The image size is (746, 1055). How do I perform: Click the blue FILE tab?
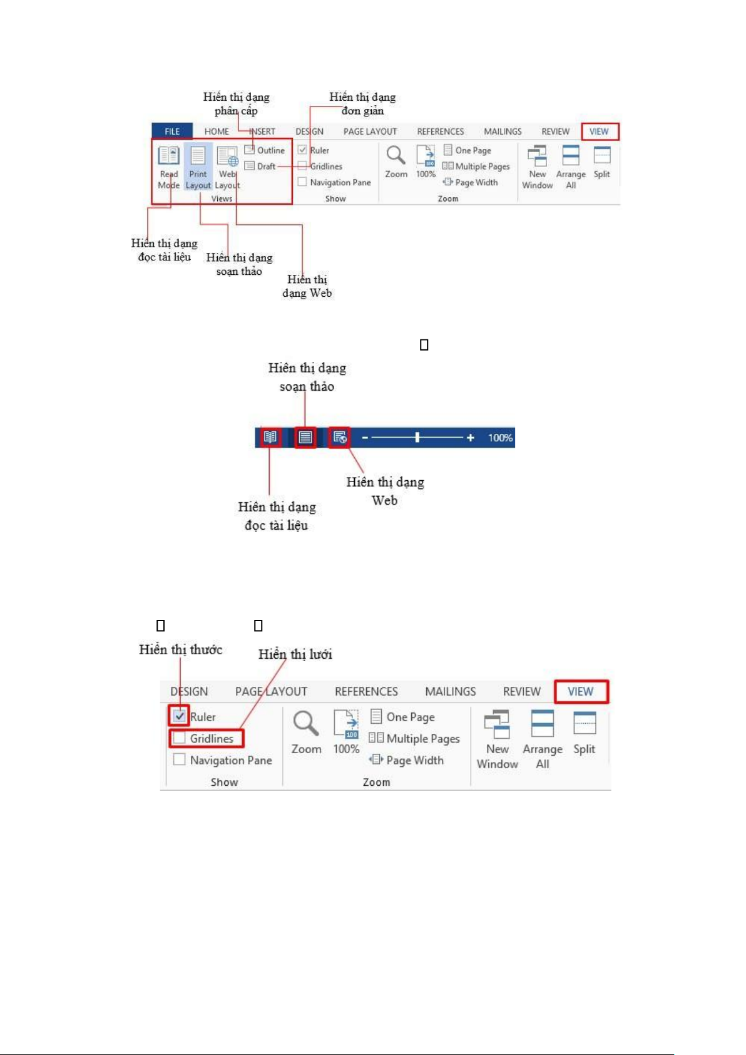point(172,131)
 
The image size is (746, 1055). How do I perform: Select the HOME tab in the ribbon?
point(217,131)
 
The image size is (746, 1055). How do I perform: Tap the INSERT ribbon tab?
point(262,131)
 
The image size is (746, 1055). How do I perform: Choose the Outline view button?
point(265,150)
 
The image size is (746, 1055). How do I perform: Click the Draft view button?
point(260,167)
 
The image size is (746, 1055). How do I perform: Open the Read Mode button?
point(168,166)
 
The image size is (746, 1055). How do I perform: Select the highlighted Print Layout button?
point(198,166)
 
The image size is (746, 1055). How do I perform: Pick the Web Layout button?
point(227,166)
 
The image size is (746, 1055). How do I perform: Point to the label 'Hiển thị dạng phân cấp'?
point(236,104)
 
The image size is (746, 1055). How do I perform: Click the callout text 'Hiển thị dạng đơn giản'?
point(362,104)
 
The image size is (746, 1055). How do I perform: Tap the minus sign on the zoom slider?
point(365,438)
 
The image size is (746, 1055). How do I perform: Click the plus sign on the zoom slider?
point(471,438)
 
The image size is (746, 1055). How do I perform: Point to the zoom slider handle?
point(417,438)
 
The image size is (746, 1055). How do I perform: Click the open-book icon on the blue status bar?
point(270,437)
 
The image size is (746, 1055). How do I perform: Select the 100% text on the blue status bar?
point(500,438)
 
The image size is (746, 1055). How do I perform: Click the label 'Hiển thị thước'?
point(181,650)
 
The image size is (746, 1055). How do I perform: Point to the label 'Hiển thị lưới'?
point(295,654)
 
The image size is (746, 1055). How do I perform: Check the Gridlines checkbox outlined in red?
point(180,739)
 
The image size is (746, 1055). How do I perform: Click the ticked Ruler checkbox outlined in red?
point(180,716)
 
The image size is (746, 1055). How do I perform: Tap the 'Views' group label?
point(222,198)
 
